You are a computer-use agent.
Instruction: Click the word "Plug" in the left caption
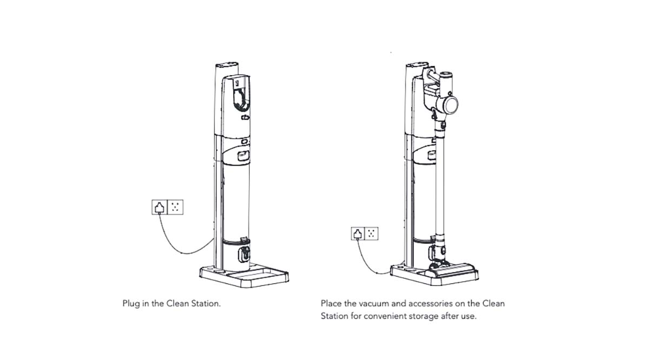[131, 304]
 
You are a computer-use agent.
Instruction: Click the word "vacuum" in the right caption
[374, 304]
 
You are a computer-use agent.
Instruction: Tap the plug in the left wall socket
[160, 208]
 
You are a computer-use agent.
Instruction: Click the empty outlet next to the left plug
[176, 207]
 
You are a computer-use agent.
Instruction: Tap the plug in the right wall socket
[358, 234]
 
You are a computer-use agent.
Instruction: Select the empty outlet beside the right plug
[372, 234]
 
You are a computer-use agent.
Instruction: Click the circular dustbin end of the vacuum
[451, 105]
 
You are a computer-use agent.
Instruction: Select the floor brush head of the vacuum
[452, 270]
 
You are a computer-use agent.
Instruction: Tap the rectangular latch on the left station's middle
[243, 156]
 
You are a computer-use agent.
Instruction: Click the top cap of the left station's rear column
[227, 64]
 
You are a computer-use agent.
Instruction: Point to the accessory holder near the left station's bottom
[244, 254]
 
